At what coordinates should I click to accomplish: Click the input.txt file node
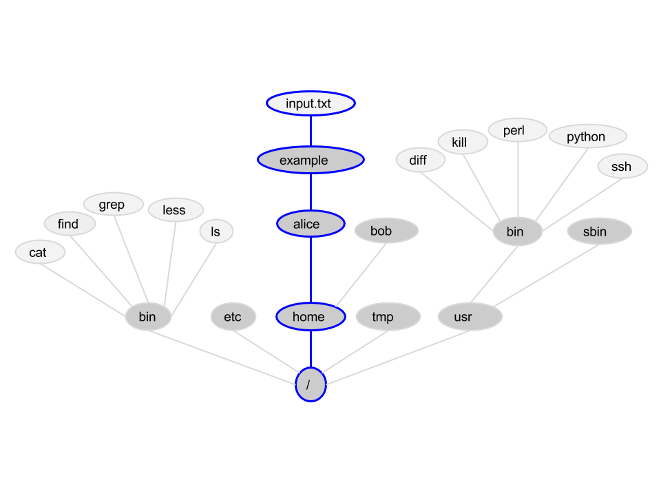coord(311,103)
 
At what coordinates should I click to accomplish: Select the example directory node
coord(311,160)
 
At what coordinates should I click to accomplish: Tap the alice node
coord(311,224)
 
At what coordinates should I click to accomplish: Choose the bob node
coord(386,231)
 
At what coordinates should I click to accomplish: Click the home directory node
coord(311,317)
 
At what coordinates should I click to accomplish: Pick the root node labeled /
coord(311,384)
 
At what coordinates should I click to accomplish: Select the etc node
coord(233,317)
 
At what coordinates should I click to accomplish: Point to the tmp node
coord(388,317)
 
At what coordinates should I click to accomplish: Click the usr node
coord(470,318)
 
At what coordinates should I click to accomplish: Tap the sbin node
coord(599,231)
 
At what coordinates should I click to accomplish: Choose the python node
coord(587,136)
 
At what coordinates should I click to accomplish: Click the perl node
coord(518,130)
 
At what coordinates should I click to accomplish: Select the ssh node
coord(622,166)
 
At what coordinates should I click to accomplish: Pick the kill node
coord(463,142)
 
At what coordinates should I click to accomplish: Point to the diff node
coord(421,161)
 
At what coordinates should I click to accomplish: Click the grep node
coord(113,205)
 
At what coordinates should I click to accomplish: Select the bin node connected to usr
coord(517,231)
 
